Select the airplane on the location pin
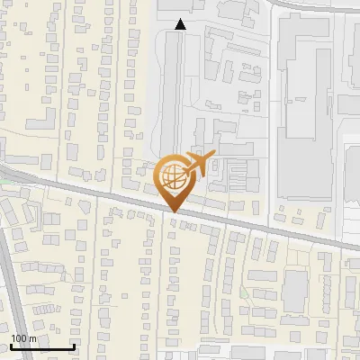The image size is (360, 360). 197,165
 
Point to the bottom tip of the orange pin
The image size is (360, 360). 174,211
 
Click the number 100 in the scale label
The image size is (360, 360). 19,337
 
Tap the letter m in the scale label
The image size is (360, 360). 32,337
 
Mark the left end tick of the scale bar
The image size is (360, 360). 11,346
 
